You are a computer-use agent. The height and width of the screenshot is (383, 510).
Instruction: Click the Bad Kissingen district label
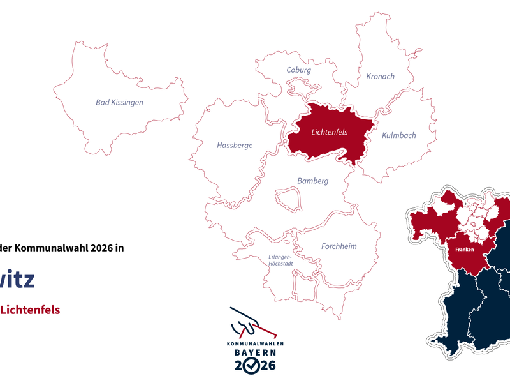coord(119,102)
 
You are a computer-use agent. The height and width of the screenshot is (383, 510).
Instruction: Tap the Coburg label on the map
coord(298,70)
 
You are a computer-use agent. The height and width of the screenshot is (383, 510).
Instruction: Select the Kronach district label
coord(380,77)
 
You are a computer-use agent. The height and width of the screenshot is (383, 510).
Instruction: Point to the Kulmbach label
coord(398,135)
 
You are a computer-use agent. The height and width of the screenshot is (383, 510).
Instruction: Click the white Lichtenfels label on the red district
coord(329,133)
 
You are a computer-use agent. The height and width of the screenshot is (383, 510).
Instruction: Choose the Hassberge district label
coord(235,146)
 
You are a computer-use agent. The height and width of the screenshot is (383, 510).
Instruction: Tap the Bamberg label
coord(312,181)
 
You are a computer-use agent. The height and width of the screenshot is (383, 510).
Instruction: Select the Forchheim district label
coord(339,246)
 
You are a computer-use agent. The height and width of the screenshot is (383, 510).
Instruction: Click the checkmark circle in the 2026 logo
coord(253,365)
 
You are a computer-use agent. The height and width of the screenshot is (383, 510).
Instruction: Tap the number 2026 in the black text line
coord(98,249)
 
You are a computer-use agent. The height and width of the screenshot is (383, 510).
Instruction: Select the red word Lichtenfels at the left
coord(30,310)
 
